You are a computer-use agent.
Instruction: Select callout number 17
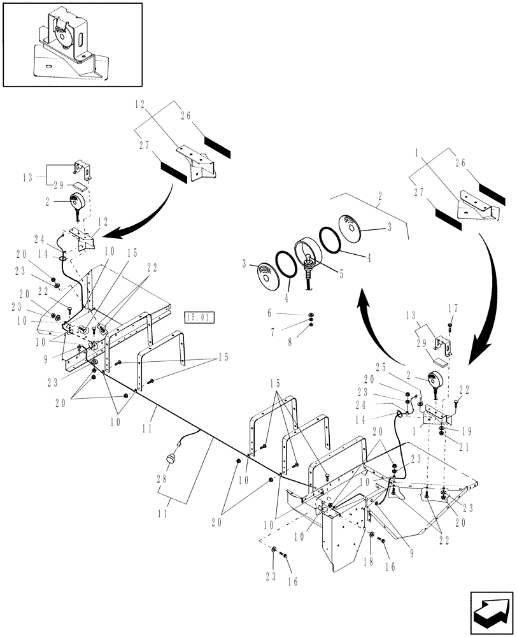(453, 308)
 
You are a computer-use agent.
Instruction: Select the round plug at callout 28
(171, 459)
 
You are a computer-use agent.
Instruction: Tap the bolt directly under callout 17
(450, 326)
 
